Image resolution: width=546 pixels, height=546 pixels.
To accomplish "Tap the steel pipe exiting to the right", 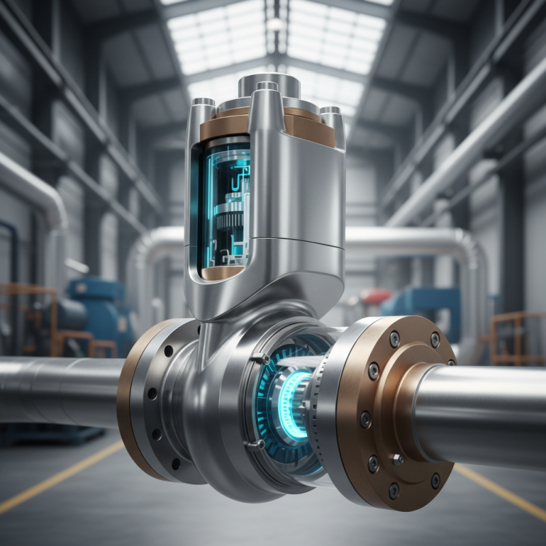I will point(491,416).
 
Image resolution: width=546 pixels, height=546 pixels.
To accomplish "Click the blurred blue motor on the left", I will point(96,307).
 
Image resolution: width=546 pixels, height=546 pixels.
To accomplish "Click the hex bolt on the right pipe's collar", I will point(398,459).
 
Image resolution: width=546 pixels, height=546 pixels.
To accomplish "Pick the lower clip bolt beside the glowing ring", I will point(259,444).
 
